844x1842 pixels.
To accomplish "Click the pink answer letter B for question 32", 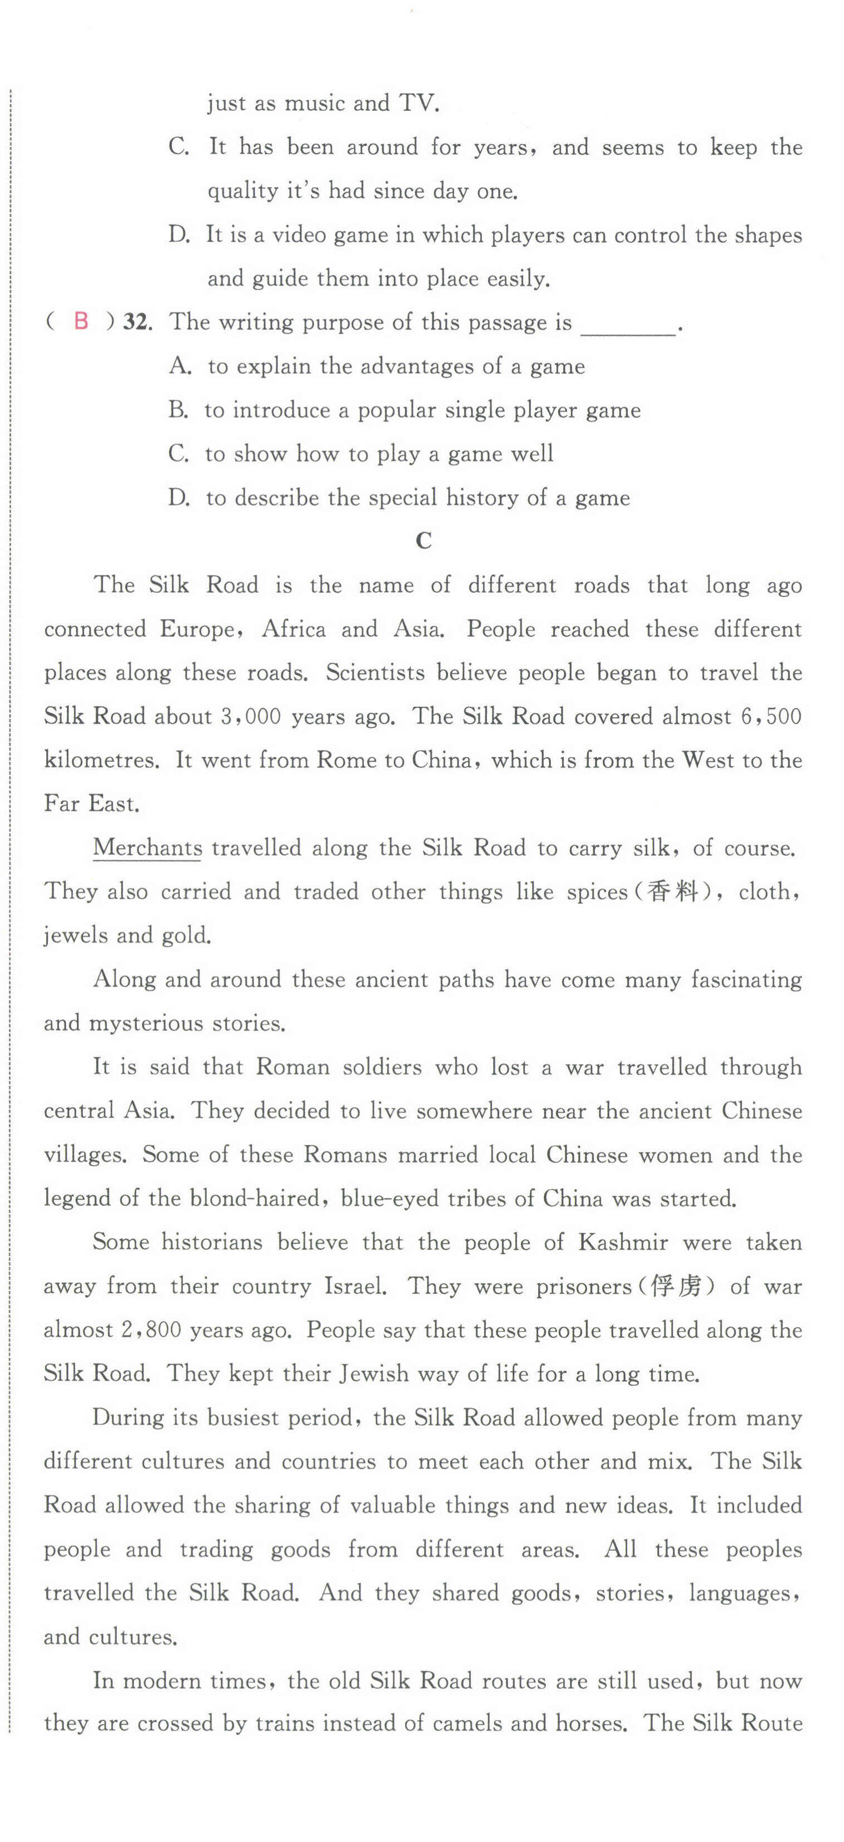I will click(81, 322).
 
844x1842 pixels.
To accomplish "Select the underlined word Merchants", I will click(147, 848).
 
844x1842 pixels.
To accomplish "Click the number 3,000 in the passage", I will click(250, 717).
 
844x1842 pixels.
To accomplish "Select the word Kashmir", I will click(623, 1243).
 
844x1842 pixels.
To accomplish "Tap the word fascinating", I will click(746, 979).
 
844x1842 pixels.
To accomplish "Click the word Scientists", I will click(376, 673).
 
